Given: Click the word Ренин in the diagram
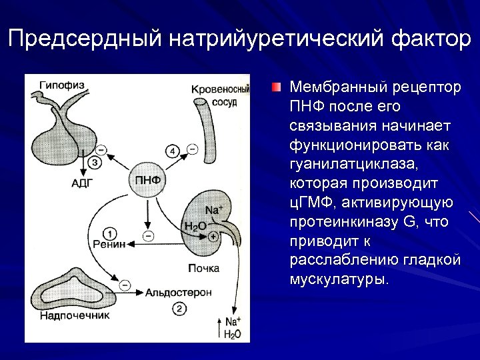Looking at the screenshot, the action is (x=109, y=245).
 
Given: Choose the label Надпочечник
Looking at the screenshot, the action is (x=74, y=315).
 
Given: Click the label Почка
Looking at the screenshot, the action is (x=203, y=268).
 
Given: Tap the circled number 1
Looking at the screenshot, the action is (x=111, y=233).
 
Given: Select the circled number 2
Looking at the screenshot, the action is (x=179, y=307).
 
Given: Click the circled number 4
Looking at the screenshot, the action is (x=173, y=152).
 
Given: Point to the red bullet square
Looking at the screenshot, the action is (x=276, y=87).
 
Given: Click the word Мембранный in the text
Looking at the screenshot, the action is (x=331, y=89).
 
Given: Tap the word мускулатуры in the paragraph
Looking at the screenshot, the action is (x=337, y=277).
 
